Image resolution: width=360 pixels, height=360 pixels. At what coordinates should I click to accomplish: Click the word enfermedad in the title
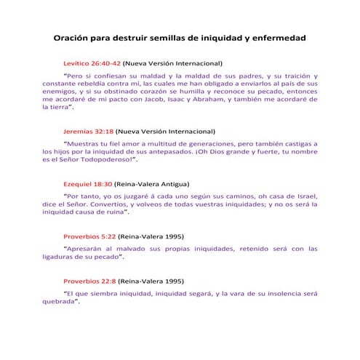pos(278,37)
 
